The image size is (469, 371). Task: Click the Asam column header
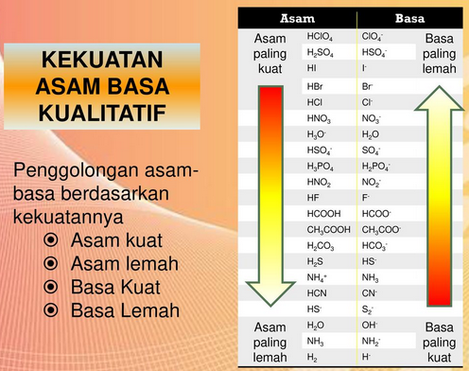point(298,19)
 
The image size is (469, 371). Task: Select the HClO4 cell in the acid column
point(321,37)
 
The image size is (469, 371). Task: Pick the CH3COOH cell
point(327,228)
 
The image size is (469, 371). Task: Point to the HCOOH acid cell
point(322,213)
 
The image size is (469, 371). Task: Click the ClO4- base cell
point(372,37)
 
